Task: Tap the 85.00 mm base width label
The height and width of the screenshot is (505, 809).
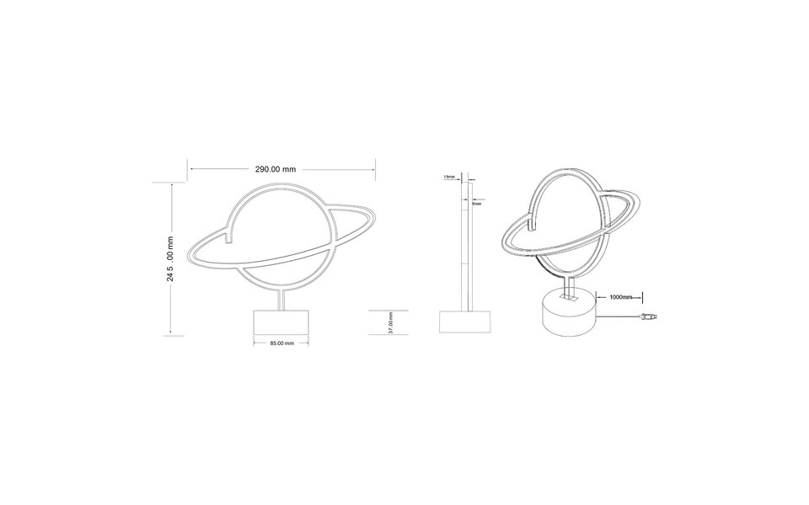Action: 281,343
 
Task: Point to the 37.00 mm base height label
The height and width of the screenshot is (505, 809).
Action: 390,322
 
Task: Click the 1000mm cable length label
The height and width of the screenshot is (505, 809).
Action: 619,296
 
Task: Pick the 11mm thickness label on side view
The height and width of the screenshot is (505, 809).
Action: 449,177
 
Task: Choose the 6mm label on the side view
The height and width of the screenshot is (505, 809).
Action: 477,203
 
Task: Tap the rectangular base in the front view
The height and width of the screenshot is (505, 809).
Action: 281,322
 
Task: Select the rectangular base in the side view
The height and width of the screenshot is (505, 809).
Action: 465,323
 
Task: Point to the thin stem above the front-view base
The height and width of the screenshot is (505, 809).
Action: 280,300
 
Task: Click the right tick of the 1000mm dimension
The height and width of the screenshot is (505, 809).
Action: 642,296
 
